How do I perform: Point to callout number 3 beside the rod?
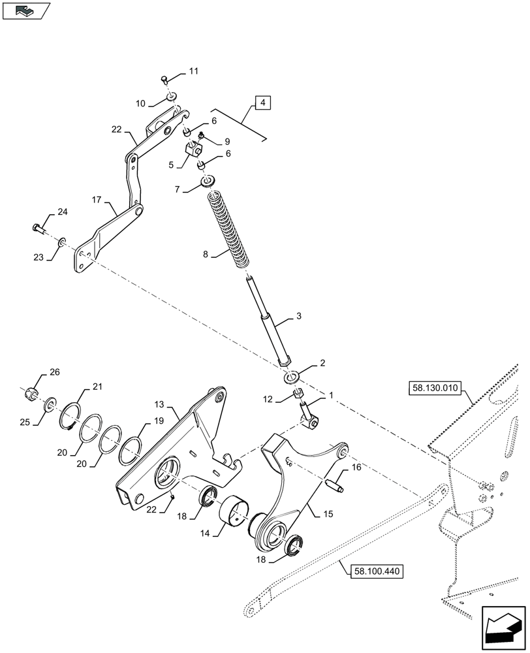pyautogui.click(x=298, y=317)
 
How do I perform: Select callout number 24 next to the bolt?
pyautogui.click(x=62, y=212)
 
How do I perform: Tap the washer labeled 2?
pyautogui.click(x=290, y=377)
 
